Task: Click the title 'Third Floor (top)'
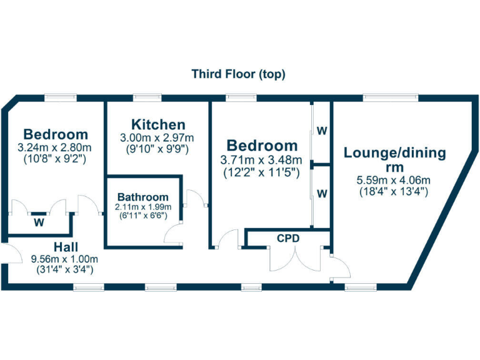[x=238, y=74]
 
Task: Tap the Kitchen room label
[x=157, y=124]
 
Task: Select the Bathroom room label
[x=142, y=196]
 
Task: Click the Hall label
[x=65, y=246]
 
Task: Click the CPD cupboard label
[x=287, y=238]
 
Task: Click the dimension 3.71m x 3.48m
[x=261, y=159]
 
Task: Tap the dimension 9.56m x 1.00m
[x=65, y=259]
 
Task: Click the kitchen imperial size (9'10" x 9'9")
[x=157, y=149]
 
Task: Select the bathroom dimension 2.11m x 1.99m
[x=142, y=207]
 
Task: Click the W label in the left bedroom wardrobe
[x=39, y=222]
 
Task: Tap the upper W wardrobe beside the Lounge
[x=321, y=131]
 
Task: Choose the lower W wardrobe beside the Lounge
[x=321, y=194]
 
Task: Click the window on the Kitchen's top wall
[x=147, y=97]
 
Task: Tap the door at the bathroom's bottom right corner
[x=172, y=234]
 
